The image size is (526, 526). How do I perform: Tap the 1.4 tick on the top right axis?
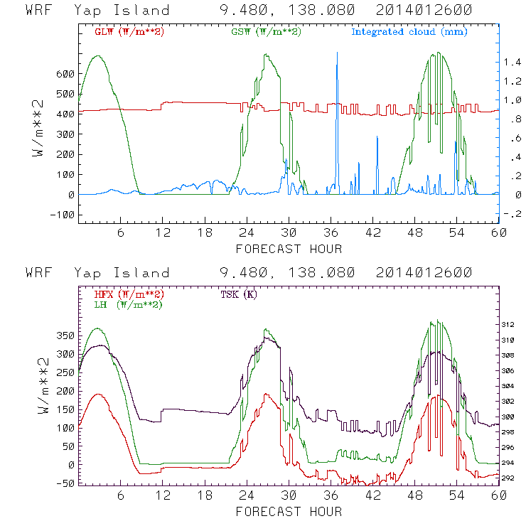pos(513,63)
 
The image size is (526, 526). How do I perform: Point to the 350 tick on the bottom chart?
pos(65,334)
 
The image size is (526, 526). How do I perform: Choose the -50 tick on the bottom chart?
pos(65,483)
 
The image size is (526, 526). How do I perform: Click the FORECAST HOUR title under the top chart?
pos(289,249)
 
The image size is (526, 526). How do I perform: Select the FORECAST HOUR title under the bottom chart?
pos(289,511)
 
